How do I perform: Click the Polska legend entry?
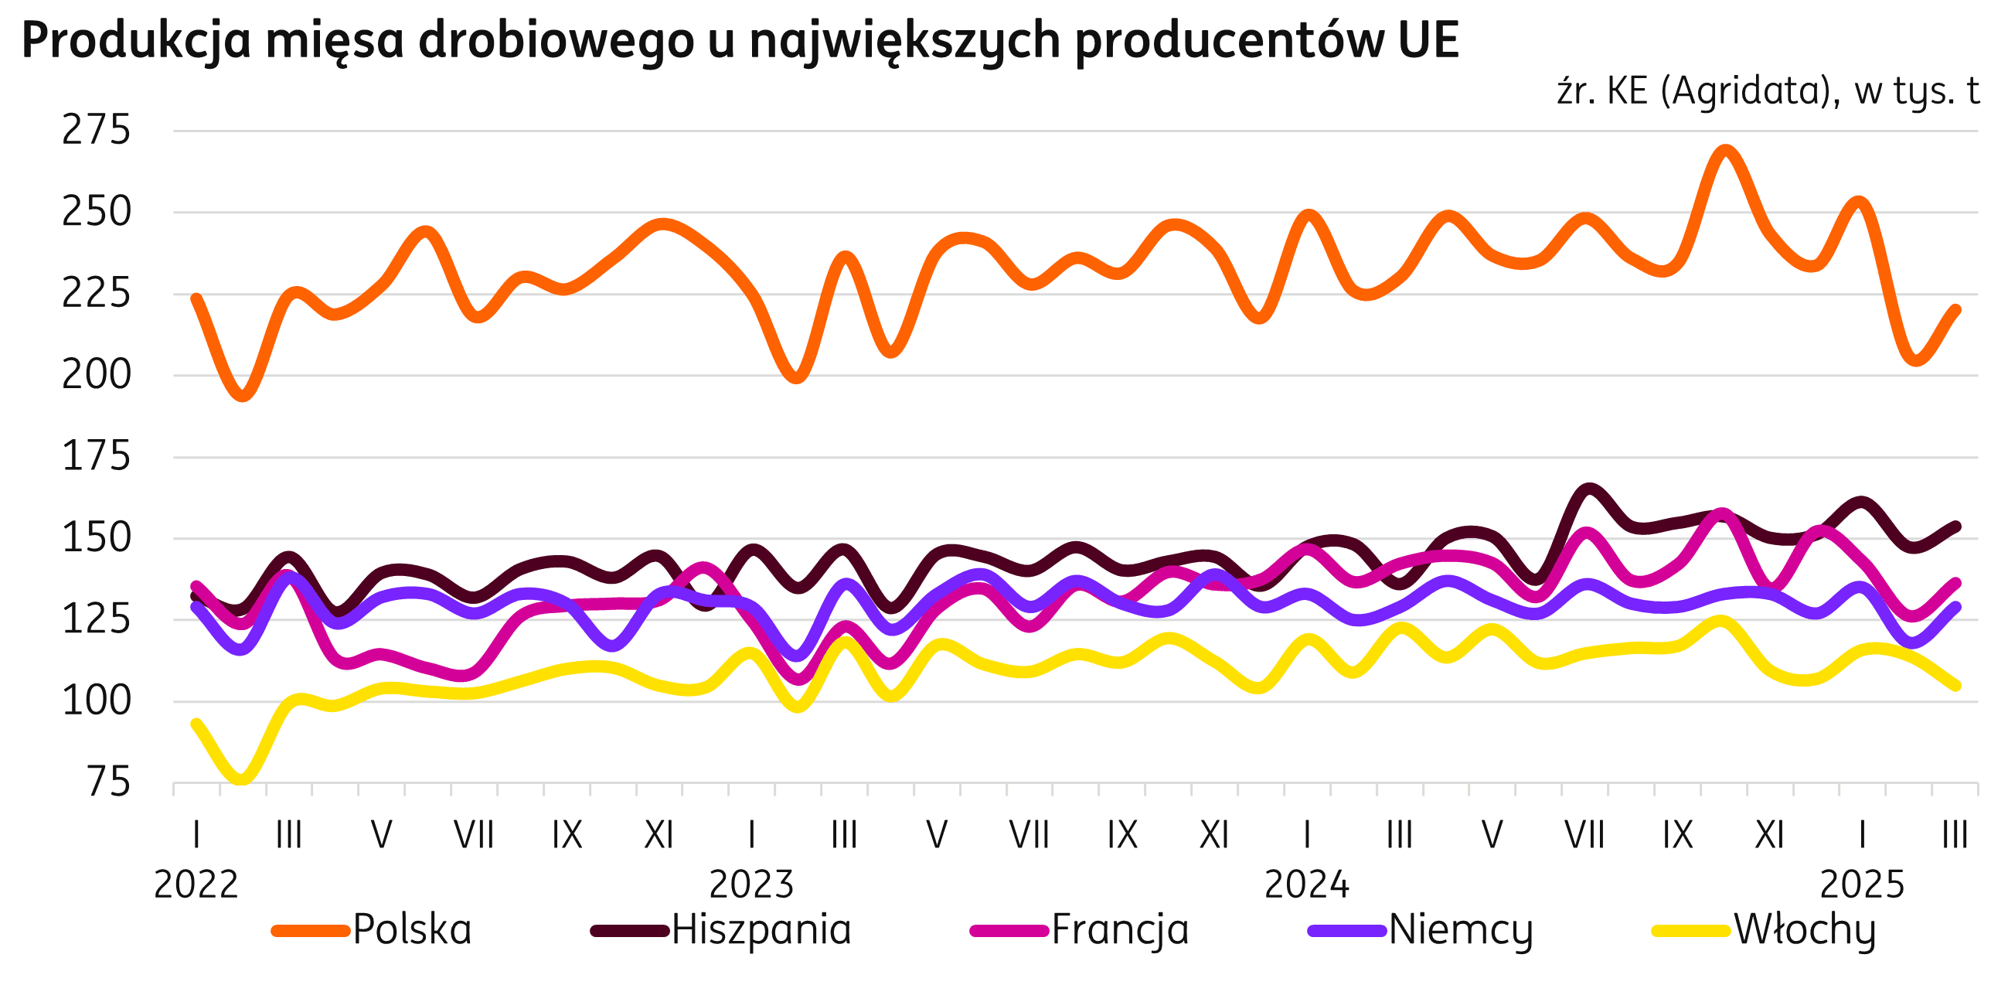pyautogui.click(x=412, y=930)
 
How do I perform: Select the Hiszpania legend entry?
pyautogui.click(x=761, y=930)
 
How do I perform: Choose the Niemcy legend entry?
pyautogui.click(x=1461, y=930)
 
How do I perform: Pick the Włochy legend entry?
pyautogui.click(x=1805, y=930)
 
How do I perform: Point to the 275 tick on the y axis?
pyautogui.click(x=97, y=131)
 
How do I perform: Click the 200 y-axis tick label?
pyautogui.click(x=97, y=376)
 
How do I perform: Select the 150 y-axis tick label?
pyautogui.click(x=97, y=539)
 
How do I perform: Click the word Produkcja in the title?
pyautogui.click(x=137, y=42)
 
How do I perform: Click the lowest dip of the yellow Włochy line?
pyautogui.click(x=242, y=779)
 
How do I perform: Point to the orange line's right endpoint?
pyautogui.click(x=1956, y=309)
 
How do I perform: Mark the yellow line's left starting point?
pyautogui.click(x=196, y=724)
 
